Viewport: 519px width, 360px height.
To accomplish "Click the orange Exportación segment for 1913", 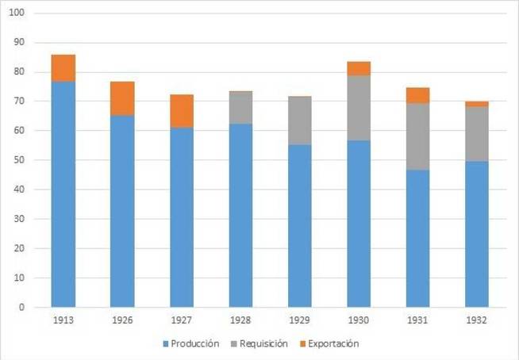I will pos(63,68).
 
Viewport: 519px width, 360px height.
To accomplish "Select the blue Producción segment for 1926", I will pos(122,211).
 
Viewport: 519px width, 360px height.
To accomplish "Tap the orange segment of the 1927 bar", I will pos(182,111).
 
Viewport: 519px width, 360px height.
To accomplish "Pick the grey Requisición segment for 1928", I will pos(240,108).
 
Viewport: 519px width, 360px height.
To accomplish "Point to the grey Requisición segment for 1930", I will pos(359,108).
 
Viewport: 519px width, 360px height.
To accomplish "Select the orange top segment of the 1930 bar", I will pos(359,68).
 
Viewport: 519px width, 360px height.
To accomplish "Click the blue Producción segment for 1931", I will pos(417,238).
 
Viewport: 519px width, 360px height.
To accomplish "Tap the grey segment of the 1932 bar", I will pos(477,134).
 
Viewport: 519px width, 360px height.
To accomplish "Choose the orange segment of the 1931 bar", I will pos(417,95).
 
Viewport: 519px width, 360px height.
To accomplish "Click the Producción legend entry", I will pos(191,344).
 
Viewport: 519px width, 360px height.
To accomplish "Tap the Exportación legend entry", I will pos(333,344).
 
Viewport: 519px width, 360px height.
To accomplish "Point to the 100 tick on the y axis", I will pos(17,13).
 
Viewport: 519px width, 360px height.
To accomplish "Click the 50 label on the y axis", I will pos(20,160).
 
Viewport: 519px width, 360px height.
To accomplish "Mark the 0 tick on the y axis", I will pos(22,307).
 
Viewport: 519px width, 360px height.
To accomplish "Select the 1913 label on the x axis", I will pos(63,321).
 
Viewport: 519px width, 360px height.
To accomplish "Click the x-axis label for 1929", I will pos(300,321).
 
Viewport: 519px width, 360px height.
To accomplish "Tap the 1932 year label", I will pos(477,321).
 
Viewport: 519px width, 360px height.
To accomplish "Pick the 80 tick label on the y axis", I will pos(20,72).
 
